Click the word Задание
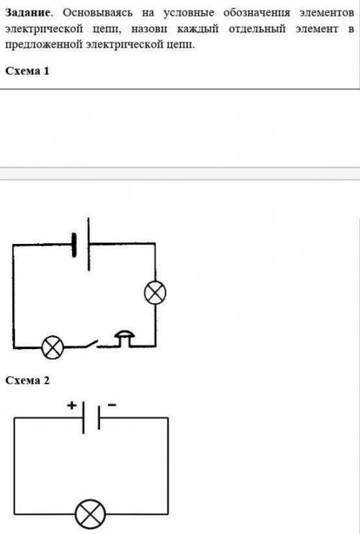[x=27, y=13]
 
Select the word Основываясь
[x=97, y=13]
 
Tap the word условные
[x=189, y=13]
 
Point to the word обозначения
[x=257, y=13]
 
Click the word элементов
[x=327, y=13]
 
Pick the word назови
[x=149, y=30]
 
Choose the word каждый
[x=197, y=29]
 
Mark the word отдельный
[x=257, y=29]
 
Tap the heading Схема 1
[x=27, y=71]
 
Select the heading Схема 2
[x=27, y=380]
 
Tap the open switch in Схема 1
[x=89, y=344]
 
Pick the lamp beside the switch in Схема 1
[x=53, y=347]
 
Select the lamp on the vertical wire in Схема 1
[x=156, y=293]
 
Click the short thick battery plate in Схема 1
[x=74, y=245]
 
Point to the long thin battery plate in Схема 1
[x=89, y=244]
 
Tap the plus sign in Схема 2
[x=71, y=405]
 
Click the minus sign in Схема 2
[x=112, y=405]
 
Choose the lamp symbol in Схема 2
[x=90, y=514]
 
